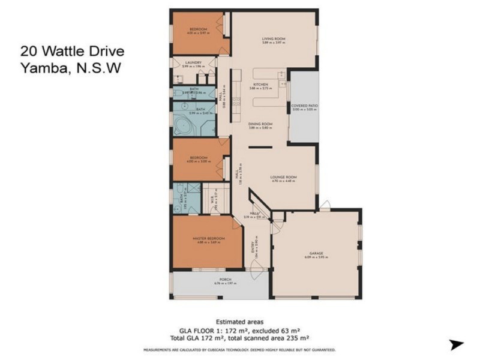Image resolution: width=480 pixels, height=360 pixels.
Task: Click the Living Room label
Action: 273,38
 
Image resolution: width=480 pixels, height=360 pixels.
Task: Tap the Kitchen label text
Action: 260,85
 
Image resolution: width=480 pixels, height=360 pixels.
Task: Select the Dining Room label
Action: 260,124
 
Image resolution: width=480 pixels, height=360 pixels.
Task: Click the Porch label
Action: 225,280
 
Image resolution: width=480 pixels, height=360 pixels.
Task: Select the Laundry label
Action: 193,62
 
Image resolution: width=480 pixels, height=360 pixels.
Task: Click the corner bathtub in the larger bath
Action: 182,127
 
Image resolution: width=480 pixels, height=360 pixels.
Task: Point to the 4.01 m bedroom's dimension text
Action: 198,34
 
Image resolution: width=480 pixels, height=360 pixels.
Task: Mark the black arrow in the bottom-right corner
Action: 457,344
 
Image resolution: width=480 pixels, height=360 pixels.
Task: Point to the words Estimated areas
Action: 239,322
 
